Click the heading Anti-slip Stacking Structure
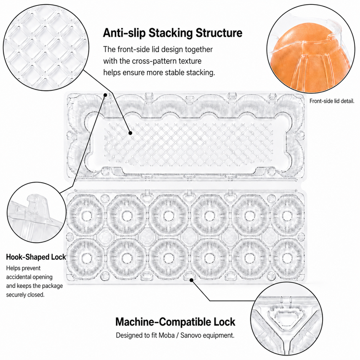click(x=172, y=33)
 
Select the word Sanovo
click(x=190, y=335)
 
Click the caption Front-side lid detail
click(x=332, y=101)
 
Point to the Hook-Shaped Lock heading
click(x=36, y=257)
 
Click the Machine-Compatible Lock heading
click(x=175, y=322)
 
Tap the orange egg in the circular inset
click(x=310, y=57)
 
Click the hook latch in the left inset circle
click(x=36, y=205)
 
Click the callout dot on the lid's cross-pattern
click(x=130, y=133)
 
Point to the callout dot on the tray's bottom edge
click(x=191, y=280)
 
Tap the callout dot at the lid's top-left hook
click(x=105, y=95)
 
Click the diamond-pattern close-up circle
click(x=46, y=48)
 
